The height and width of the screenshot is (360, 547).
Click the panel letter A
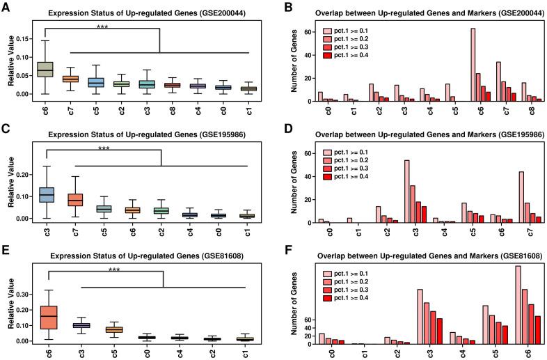click(x=6, y=7)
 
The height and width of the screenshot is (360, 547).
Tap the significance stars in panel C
click(x=104, y=148)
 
